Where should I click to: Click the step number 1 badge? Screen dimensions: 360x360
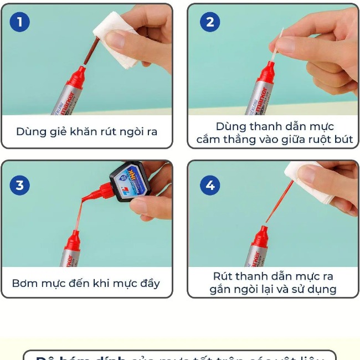coord(20,22)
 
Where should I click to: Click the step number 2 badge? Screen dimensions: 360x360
coord(210,22)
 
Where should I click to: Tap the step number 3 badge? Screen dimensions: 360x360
coord(20,185)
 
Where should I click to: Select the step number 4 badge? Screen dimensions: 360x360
coord(210,185)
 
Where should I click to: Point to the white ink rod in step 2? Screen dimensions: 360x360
coord(279,44)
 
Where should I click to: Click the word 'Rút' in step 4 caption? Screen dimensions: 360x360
coord(223,276)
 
